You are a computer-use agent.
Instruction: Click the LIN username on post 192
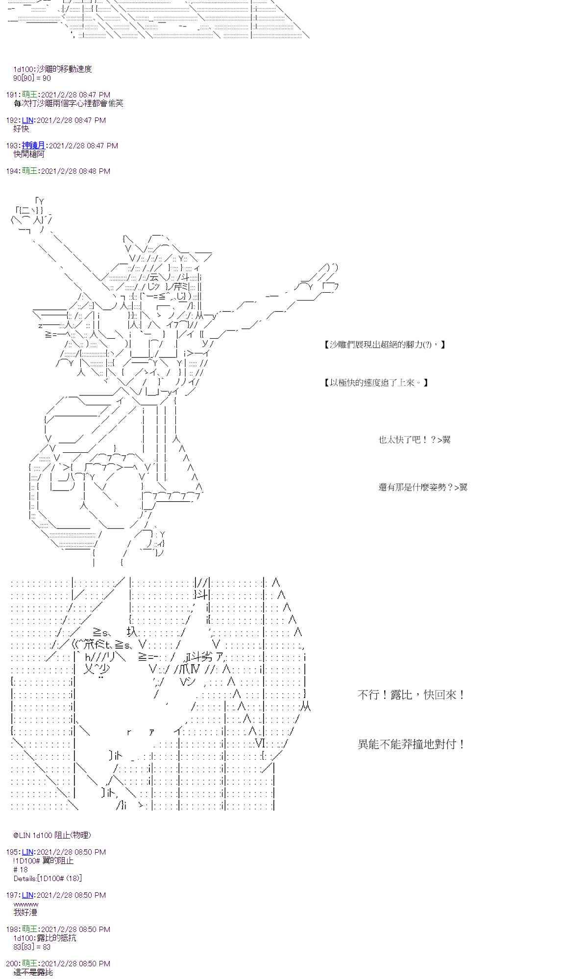pos(27,120)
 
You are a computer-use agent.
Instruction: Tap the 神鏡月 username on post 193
pos(33,145)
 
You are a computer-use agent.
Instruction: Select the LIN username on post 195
pos(27,852)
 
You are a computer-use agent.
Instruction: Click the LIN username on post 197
pos(27,895)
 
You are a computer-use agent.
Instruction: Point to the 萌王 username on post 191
pos(29,94)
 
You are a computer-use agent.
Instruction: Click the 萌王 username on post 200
pos(29,963)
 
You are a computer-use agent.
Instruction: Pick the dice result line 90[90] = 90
pos(32,78)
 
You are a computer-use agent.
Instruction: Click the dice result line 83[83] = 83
pos(32,947)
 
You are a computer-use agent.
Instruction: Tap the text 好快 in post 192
pos(22,129)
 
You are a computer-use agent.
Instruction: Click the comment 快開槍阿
pos(29,154)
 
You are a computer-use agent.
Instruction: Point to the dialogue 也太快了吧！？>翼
pos(414,440)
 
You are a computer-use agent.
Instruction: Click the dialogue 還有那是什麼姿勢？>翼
pos(422,487)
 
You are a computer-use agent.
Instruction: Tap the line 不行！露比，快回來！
pos(411,695)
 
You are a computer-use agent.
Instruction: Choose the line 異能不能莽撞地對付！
pos(411,744)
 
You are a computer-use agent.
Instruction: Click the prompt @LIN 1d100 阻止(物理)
pos(52,835)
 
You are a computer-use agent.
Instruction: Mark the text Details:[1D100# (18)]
pos(48,878)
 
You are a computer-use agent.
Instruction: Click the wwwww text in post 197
pos(26,904)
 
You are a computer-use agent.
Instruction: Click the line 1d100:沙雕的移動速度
pos(52,69)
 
